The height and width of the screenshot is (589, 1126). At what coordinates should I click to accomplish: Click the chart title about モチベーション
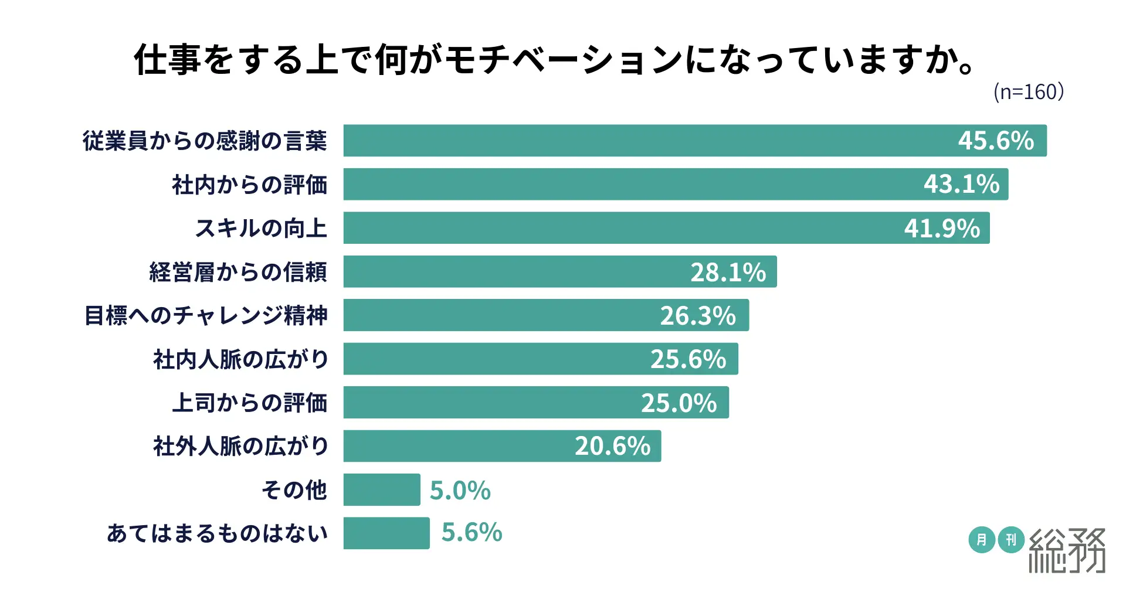click(554, 60)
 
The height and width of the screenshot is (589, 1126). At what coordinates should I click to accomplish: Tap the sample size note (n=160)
click(1029, 92)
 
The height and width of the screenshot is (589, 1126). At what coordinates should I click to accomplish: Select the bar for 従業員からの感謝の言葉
click(645, 141)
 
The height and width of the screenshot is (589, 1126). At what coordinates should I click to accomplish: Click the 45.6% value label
click(996, 141)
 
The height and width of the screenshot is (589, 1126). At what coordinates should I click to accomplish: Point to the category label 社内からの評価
click(249, 185)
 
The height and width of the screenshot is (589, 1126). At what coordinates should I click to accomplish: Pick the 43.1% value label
click(961, 185)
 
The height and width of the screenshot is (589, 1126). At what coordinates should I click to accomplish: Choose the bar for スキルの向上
click(616, 228)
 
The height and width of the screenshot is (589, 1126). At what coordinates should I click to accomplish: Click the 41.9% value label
click(942, 229)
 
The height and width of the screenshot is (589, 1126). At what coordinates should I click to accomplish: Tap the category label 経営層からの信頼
click(238, 272)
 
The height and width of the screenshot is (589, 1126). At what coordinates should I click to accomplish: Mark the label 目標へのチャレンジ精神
click(206, 315)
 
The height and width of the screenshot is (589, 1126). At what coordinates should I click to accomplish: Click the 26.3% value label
click(698, 316)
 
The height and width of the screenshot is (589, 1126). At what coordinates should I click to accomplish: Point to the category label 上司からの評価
click(249, 403)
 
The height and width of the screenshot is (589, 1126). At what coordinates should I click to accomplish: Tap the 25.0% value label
click(679, 403)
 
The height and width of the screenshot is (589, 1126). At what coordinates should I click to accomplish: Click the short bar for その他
click(382, 490)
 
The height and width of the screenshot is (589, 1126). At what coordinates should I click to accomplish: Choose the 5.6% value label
click(472, 533)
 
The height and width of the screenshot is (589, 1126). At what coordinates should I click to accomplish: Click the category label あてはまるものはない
click(217, 533)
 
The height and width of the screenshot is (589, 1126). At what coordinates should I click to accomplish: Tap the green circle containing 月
click(981, 540)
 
